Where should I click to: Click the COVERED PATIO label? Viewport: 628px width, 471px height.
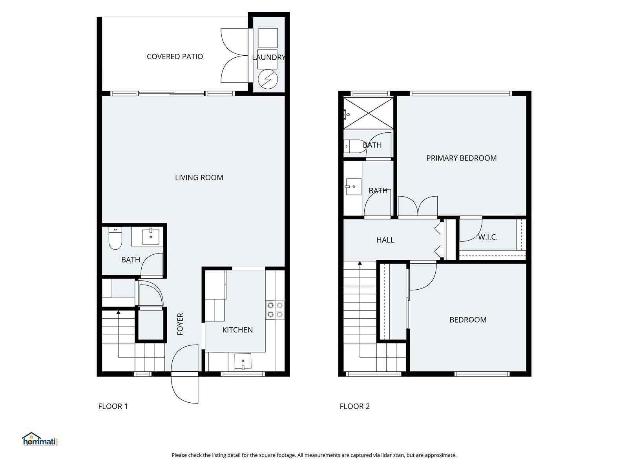click(x=175, y=57)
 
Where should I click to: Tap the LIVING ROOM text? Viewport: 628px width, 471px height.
click(x=199, y=177)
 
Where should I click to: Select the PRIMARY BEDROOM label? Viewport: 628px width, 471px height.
click(x=461, y=158)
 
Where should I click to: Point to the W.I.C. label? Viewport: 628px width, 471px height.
click(x=488, y=237)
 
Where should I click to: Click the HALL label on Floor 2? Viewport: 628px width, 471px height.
click(x=385, y=240)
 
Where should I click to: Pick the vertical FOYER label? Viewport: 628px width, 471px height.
click(x=180, y=324)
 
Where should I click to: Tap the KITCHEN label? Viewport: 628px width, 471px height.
click(x=237, y=330)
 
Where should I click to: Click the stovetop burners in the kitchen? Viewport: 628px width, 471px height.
click(x=275, y=309)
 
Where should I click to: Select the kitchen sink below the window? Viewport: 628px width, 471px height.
click(x=243, y=361)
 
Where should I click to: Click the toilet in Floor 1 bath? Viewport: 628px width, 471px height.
click(x=115, y=239)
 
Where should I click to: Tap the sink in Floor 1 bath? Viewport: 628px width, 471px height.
click(x=151, y=237)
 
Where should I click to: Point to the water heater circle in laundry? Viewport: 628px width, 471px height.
click(x=268, y=79)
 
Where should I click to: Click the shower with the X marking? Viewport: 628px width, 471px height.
click(x=368, y=113)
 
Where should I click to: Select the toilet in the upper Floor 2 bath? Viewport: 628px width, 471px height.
click(x=354, y=146)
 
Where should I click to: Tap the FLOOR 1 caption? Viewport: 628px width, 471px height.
click(x=113, y=406)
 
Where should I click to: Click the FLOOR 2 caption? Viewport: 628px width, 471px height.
click(x=354, y=406)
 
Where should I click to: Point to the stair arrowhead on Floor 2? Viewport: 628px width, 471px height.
click(x=360, y=263)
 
